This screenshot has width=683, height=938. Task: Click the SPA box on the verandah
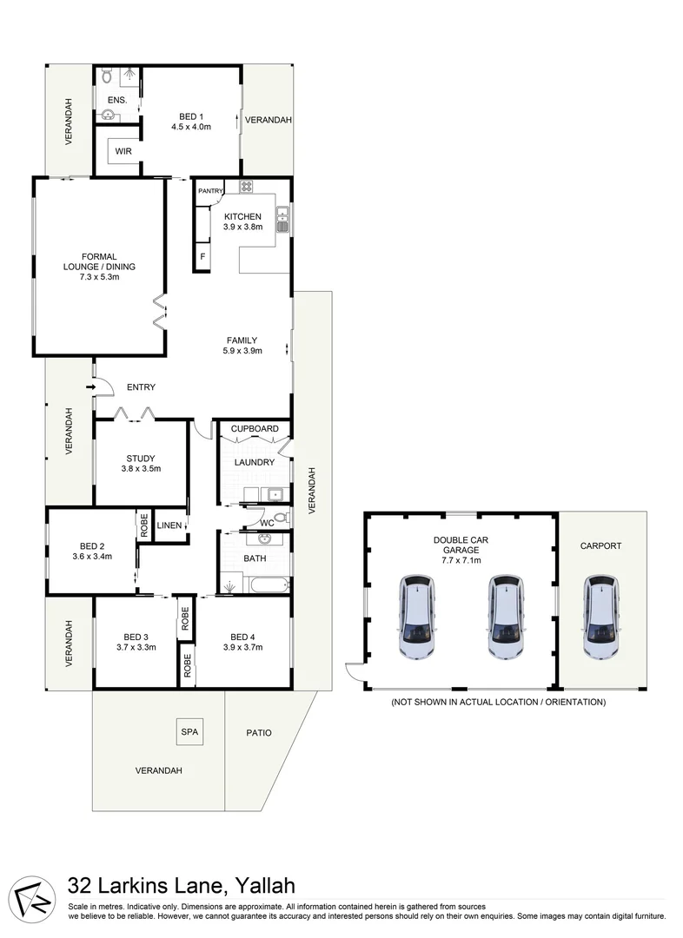tap(189, 732)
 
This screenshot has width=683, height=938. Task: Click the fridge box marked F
tap(202, 256)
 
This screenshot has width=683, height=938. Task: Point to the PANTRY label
tap(210, 191)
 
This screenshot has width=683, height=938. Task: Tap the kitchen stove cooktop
tap(246, 187)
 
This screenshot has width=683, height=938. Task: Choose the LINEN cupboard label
tap(169, 525)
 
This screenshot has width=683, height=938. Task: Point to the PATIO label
tap(258, 733)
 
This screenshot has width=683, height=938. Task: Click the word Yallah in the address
tap(264, 887)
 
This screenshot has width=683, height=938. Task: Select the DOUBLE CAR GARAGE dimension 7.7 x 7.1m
tap(461, 561)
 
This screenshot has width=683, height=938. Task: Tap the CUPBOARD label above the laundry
tap(255, 429)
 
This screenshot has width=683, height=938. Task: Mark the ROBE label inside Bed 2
tap(143, 526)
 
